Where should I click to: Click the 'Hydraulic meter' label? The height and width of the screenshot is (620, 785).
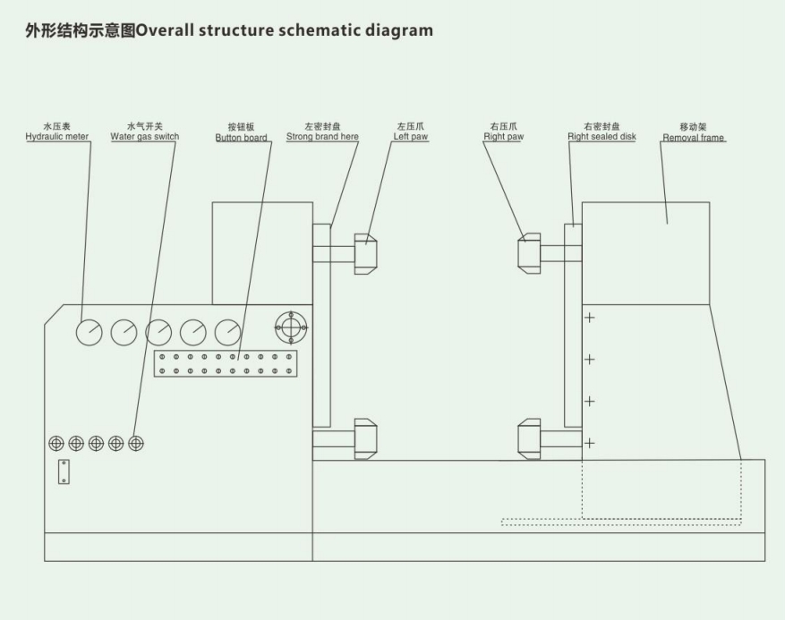(x=56, y=137)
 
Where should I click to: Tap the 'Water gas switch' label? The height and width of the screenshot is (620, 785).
(x=144, y=137)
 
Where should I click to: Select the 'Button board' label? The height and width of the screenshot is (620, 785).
(x=242, y=138)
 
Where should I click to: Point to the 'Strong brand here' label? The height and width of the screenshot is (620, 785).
(x=322, y=137)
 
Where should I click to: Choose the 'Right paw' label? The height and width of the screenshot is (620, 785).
(x=503, y=137)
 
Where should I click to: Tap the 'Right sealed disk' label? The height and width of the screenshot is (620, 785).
(x=602, y=137)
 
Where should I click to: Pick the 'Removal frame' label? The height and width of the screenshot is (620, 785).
(x=694, y=138)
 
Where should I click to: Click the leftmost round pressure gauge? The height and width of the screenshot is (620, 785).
(x=90, y=332)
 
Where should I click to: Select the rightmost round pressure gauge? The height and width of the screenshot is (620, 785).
(x=228, y=332)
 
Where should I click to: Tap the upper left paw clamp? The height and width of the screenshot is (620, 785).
(x=365, y=253)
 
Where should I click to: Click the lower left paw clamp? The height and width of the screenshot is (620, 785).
(x=365, y=438)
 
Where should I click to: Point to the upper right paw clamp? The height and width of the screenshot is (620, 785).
(x=529, y=253)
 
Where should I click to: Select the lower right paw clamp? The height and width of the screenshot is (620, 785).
(x=529, y=438)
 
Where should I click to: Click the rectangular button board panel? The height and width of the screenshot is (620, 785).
(x=226, y=363)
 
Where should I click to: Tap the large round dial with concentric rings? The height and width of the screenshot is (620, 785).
(x=291, y=327)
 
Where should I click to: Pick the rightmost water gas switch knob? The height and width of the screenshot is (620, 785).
(x=136, y=442)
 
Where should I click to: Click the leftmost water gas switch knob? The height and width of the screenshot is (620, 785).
(x=56, y=442)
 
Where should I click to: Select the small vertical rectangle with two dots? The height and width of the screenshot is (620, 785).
(x=63, y=471)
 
